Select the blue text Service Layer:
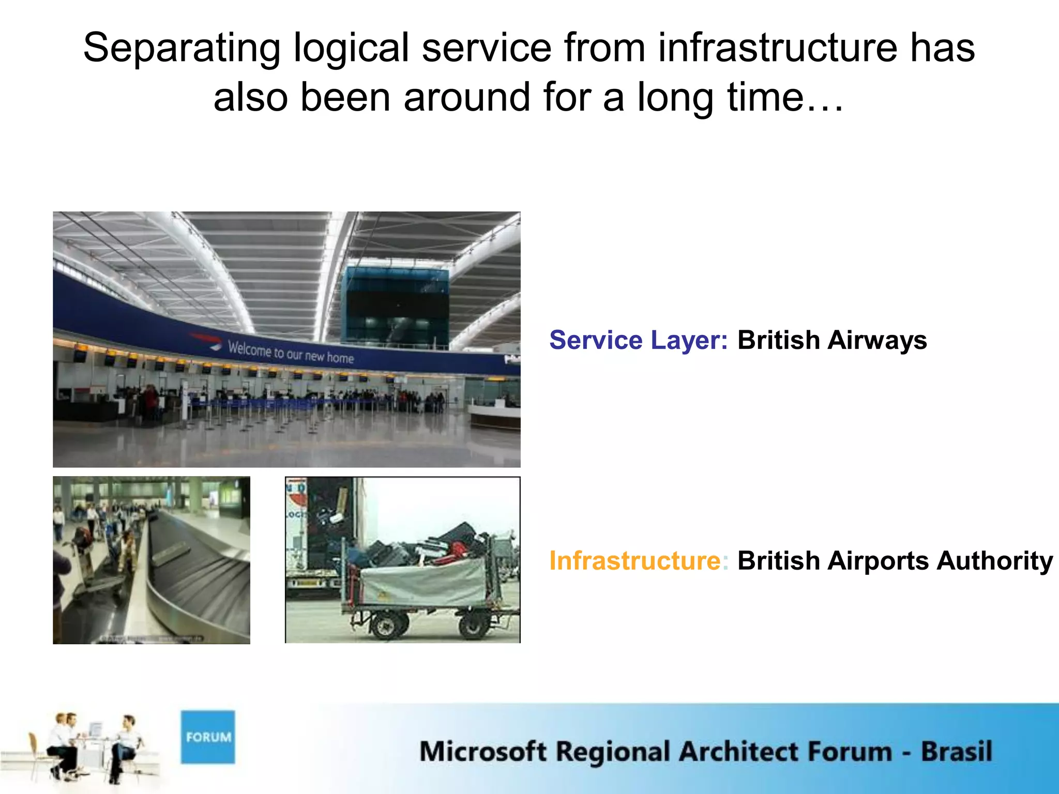pos(638,340)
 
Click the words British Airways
pos(832,340)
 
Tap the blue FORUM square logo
pos(208,737)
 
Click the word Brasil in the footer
pos(956,752)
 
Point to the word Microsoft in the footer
pos(482,752)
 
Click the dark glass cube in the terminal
pos(396,305)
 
